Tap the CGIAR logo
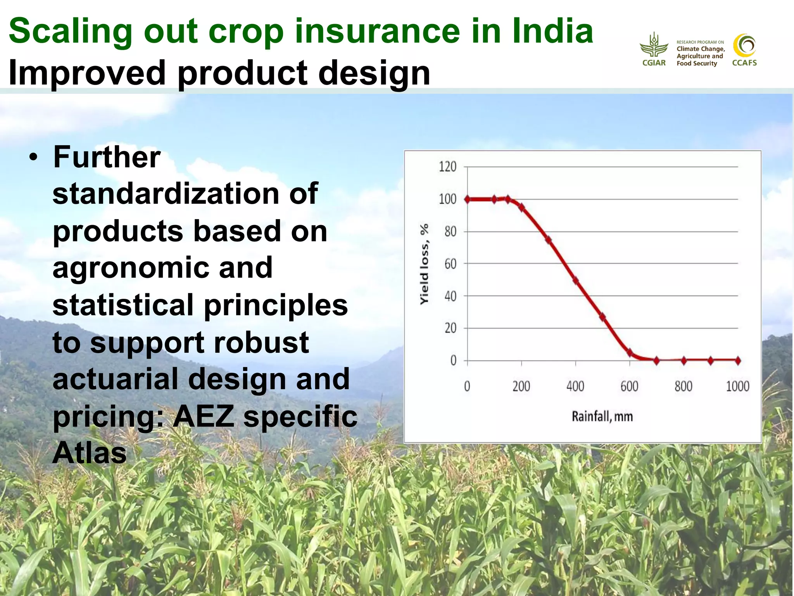[654, 50]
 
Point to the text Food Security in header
[697, 64]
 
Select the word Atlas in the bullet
[90, 453]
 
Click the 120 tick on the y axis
[447, 167]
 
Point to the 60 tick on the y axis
[450, 264]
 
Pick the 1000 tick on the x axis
[737, 386]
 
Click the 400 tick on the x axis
[575, 386]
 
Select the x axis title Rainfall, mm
[602, 417]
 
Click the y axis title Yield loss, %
[425, 264]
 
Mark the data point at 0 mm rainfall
[468, 199]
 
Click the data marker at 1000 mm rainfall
[738, 360]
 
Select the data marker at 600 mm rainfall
[630, 353]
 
